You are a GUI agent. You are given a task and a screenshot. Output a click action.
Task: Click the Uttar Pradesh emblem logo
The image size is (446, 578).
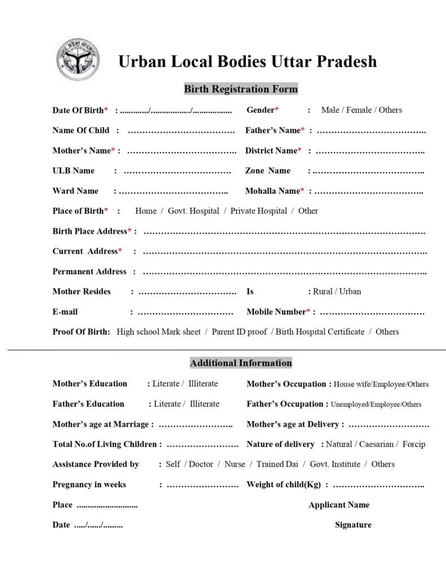pos(78,59)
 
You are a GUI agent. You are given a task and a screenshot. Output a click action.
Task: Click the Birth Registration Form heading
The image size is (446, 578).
pos(241,89)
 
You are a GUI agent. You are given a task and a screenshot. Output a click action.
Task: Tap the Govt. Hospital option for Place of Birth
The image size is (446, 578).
pos(193,211)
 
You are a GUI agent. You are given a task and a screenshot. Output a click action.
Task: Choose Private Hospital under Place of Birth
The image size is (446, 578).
pos(258,211)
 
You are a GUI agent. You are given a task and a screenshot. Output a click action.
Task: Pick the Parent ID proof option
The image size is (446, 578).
pos(239,332)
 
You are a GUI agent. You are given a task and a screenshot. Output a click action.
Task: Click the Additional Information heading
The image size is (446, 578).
pos(241,363)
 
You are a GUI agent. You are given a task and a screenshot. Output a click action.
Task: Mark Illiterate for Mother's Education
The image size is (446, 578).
pos(203,384)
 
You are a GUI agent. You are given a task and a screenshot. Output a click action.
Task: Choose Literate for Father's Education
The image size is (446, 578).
pos(167,404)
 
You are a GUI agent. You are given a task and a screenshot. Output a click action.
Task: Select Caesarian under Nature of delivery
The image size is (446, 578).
pos(377,444)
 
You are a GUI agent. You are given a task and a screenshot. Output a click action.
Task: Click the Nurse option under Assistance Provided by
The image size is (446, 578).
pos(235,465)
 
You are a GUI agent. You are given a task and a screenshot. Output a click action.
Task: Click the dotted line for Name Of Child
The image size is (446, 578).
pos(181,131)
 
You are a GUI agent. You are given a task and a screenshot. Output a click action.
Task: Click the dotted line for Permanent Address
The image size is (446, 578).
pos(284,273)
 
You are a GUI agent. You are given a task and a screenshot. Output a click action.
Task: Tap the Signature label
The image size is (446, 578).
pos(353,525)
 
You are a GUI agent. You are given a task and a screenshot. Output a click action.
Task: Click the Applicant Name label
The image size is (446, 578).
pos(339,505)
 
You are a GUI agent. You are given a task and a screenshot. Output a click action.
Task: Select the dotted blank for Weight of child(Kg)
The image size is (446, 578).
pos(378,485)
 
